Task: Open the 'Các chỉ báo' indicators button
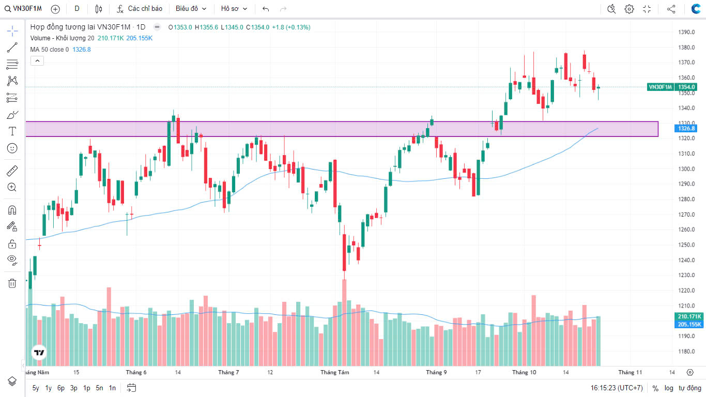coord(140,9)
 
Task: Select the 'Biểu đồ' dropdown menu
coord(191,9)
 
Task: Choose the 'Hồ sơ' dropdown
coord(234,9)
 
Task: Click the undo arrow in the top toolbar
coord(266,9)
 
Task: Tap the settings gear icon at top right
coord(629,9)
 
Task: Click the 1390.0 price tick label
coord(686,32)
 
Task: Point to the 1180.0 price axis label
coord(686,352)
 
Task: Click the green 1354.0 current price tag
coord(687,87)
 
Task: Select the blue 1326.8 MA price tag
coord(686,128)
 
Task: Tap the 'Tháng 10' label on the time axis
coord(524,372)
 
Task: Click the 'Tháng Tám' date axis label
coord(334,372)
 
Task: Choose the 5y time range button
coord(36,388)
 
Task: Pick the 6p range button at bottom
coord(61,388)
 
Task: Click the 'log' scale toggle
coord(669,388)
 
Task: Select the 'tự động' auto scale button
coord(688,388)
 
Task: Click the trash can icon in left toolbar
coord(12,283)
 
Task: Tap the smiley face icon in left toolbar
coord(12,148)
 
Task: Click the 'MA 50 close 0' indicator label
coord(49,50)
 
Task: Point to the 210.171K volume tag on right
coord(689,316)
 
